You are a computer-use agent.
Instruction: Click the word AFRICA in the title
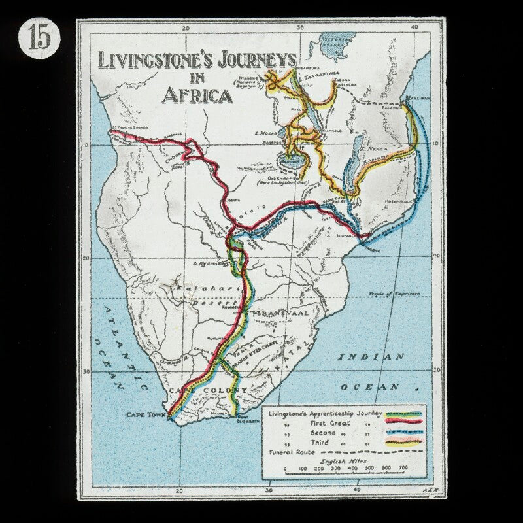(197, 95)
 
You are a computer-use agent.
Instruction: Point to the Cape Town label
(146, 414)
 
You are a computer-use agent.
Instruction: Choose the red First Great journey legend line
(405, 424)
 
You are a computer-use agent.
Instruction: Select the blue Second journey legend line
(405, 433)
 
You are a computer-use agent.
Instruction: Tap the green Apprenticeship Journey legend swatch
(405, 414)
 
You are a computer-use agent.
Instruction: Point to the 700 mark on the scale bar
(403, 468)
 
